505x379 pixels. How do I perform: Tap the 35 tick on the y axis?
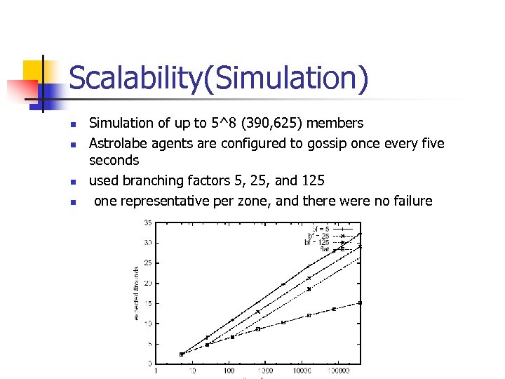point(148,223)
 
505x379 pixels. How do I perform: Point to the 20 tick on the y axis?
point(148,283)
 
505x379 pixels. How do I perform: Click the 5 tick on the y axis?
point(149,344)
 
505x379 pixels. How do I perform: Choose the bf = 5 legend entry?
point(321,228)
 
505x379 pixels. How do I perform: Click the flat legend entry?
point(325,249)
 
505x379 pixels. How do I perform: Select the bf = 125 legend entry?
point(317,242)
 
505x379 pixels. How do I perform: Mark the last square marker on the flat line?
point(360,302)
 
